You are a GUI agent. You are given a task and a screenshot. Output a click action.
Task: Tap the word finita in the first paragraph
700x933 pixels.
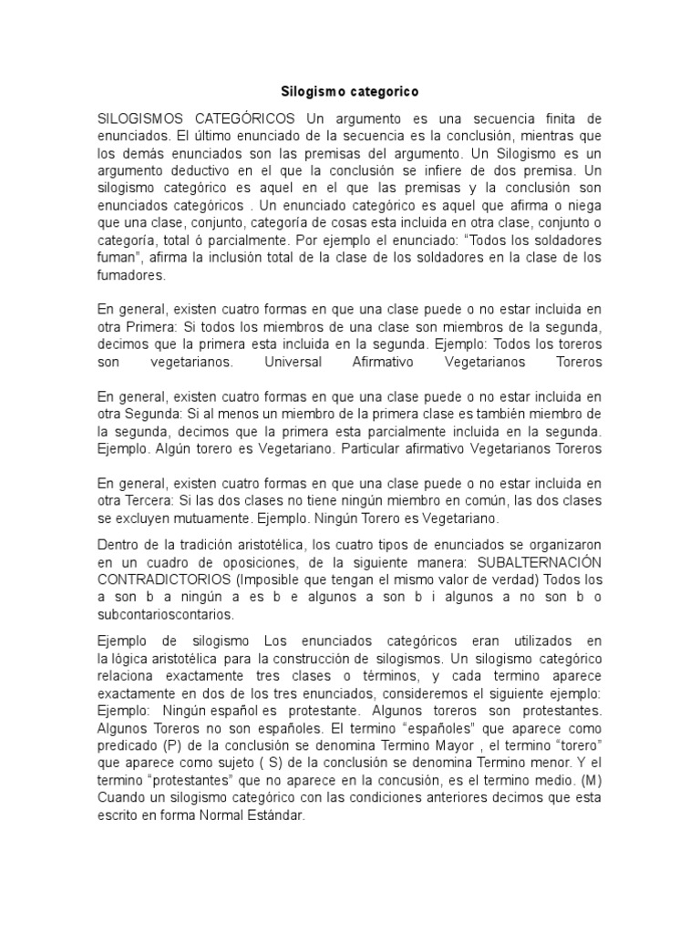tap(530, 119)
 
